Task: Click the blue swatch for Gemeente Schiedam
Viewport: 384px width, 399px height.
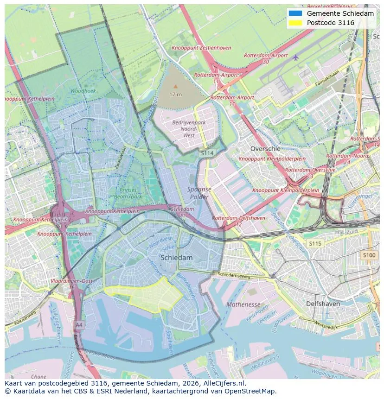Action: pyautogui.click(x=294, y=13)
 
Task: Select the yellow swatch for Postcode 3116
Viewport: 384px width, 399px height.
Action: pyautogui.click(x=294, y=23)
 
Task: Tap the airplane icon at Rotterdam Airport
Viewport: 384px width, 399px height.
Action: pyautogui.click(x=296, y=57)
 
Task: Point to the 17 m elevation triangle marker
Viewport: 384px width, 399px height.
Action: pyautogui.click(x=175, y=86)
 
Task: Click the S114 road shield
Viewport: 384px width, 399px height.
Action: pyautogui.click(x=207, y=152)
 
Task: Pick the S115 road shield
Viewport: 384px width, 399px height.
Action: pyautogui.click(x=315, y=243)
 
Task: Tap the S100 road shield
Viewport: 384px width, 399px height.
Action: pyautogui.click(x=369, y=255)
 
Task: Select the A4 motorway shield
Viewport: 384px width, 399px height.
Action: pyautogui.click(x=79, y=324)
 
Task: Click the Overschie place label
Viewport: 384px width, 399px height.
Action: pyautogui.click(x=265, y=149)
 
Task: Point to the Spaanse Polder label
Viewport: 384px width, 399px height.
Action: pyautogui.click(x=199, y=193)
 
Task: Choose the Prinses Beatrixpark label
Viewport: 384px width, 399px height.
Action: pyautogui.click(x=128, y=193)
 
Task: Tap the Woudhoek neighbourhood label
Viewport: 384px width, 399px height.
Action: pyautogui.click(x=83, y=91)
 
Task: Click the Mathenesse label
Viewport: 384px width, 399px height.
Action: pyautogui.click(x=243, y=304)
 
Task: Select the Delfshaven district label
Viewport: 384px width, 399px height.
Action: pyautogui.click(x=323, y=304)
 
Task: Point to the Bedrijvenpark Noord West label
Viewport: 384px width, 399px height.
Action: pyautogui.click(x=189, y=129)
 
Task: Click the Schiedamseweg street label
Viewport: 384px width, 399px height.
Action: pyautogui.click(x=234, y=275)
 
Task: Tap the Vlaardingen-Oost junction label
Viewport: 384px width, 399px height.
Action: pyautogui.click(x=72, y=281)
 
